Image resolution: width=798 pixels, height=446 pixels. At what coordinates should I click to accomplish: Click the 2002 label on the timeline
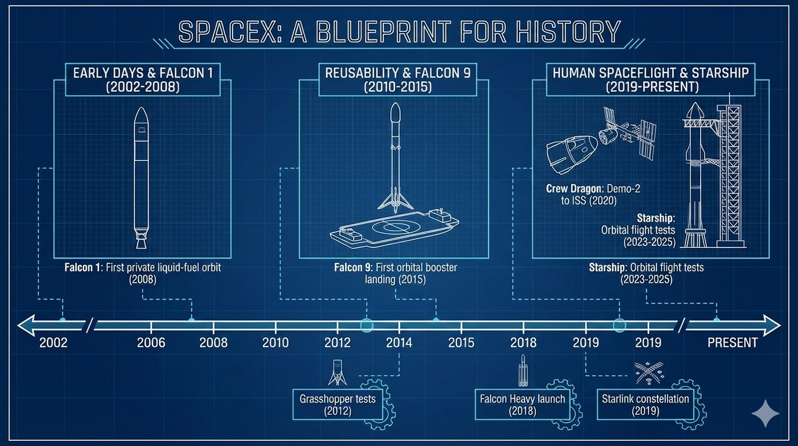[53, 343]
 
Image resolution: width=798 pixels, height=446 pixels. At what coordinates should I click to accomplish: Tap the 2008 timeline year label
[213, 343]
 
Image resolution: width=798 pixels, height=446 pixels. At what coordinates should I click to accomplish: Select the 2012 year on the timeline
[338, 343]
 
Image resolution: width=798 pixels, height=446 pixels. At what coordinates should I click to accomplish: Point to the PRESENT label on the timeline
[732, 343]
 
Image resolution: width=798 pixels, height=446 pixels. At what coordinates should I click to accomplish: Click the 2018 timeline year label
[523, 343]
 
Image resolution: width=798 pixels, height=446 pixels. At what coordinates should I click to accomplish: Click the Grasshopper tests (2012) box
[338, 404]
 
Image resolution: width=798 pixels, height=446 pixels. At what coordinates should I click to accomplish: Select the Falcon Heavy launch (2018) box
[523, 404]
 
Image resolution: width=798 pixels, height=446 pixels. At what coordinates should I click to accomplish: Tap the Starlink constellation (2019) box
[645, 404]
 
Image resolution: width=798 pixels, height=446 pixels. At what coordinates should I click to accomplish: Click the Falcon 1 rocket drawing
[142, 178]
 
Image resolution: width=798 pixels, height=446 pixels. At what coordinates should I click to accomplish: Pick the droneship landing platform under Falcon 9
[394, 228]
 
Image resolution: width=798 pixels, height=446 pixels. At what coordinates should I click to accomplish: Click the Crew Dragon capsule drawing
[571, 154]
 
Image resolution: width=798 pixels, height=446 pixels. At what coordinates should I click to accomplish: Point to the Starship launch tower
[730, 175]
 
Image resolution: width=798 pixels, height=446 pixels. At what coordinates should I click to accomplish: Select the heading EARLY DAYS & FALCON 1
[143, 73]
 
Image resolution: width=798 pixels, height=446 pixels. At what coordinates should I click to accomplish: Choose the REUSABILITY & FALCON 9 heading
[398, 73]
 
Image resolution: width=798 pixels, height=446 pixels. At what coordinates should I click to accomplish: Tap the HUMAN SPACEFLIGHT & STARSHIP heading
[651, 73]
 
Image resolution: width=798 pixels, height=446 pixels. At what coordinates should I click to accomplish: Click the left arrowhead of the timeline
[26, 325]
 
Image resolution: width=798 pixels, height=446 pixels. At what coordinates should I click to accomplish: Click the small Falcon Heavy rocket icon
[523, 371]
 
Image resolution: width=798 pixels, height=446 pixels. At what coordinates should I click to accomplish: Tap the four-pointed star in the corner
[765, 413]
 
